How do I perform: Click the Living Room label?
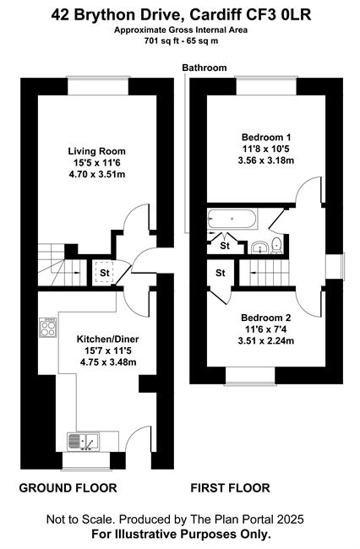pos(96,151)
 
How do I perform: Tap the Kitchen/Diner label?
pos(108,339)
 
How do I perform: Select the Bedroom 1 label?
pos(266,137)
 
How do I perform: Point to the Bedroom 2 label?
pos(266,318)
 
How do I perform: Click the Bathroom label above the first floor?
pos(205,68)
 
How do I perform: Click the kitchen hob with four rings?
pos(48,328)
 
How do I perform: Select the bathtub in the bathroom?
pos(232,219)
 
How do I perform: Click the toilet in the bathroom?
pos(277,246)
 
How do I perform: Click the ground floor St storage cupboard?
pos(104,273)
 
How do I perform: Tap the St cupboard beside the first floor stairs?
pos(220,273)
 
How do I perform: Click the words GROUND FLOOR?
pos(68,488)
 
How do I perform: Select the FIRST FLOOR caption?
pos(230,488)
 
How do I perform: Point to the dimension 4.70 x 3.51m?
pos(97,174)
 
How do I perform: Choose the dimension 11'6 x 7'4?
pos(266,329)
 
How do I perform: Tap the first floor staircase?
pos(265,273)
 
